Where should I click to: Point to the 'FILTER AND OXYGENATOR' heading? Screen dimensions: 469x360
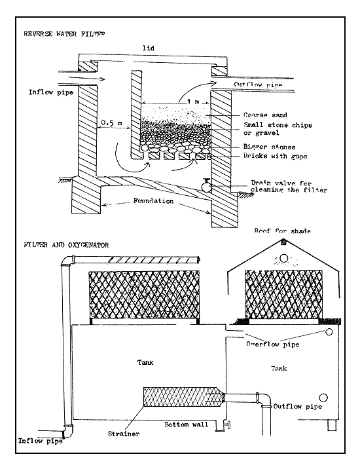click(61, 244)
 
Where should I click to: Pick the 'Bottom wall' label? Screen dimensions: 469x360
click(187, 425)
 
